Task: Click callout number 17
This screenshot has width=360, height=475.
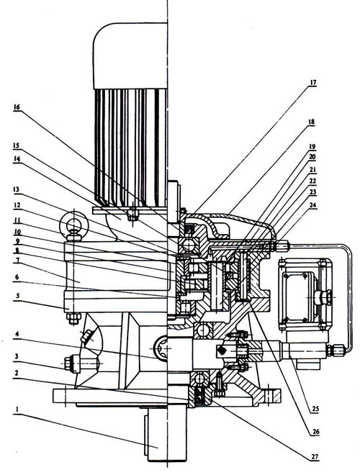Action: (312, 83)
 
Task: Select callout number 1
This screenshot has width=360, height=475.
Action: (17, 410)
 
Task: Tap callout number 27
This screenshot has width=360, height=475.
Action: (315, 456)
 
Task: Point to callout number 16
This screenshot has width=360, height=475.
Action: (17, 107)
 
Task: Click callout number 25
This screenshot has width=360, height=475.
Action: (315, 409)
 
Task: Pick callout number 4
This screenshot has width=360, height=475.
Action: (17, 334)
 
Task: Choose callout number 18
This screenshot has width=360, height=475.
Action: (311, 122)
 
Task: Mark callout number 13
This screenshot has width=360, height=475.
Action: (17, 190)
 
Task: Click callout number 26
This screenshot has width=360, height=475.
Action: (315, 432)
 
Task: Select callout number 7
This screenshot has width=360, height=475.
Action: (17, 261)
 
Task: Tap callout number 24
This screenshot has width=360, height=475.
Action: (312, 205)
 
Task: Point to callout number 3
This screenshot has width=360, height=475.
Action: (17, 356)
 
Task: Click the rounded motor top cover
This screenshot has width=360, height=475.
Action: (130, 55)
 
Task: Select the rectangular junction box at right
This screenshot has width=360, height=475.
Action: (305, 294)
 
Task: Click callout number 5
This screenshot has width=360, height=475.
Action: (17, 295)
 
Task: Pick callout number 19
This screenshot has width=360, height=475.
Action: (312, 147)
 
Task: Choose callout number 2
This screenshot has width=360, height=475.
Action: (17, 374)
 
